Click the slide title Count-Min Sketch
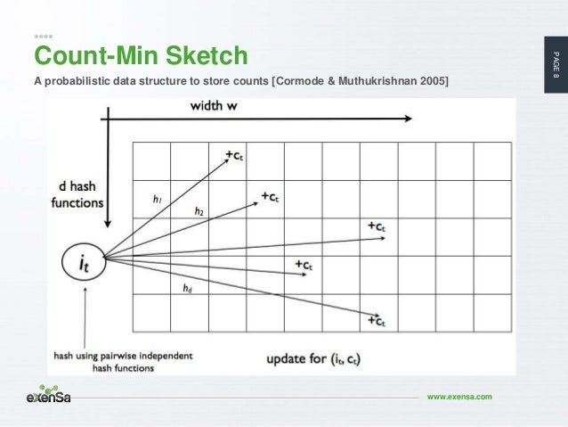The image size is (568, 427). tap(140, 57)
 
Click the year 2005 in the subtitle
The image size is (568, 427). tap(431, 83)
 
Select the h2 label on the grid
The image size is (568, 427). tap(199, 211)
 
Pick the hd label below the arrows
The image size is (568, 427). tap(187, 288)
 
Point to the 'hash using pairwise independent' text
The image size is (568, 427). tap(123, 354)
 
